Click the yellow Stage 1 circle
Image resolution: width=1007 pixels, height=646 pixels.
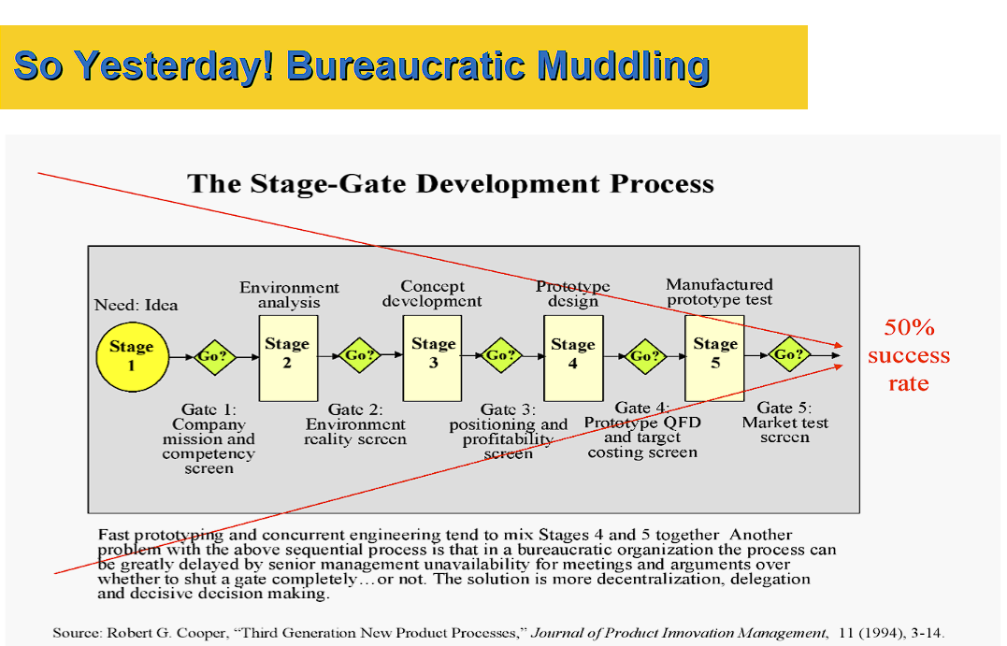(131, 356)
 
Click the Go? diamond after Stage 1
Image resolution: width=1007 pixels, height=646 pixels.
(213, 356)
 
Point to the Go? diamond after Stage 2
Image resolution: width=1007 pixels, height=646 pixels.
(359, 355)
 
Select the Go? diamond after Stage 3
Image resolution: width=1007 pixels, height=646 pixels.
(500, 355)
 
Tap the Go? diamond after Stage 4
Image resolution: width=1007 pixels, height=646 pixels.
(643, 355)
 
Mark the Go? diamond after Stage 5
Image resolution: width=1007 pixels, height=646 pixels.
(788, 354)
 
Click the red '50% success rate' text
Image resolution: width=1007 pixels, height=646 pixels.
(908, 355)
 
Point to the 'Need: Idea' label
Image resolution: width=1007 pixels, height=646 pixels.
(136, 305)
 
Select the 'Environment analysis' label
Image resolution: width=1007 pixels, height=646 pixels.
(289, 294)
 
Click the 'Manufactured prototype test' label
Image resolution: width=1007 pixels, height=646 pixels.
(719, 292)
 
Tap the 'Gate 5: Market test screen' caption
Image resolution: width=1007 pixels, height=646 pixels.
(784, 423)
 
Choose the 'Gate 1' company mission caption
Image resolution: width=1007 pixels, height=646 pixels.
(209, 438)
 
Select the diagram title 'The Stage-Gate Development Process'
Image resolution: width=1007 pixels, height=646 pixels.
(451, 183)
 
